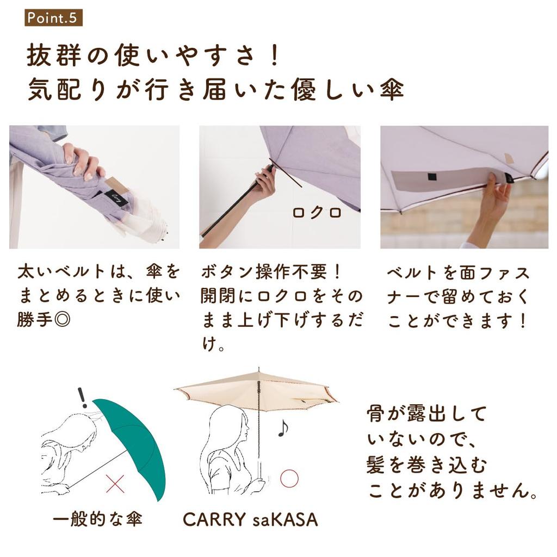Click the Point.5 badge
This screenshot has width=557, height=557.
click(x=53, y=18)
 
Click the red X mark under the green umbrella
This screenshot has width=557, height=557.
click(x=115, y=484)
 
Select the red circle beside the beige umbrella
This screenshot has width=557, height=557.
click(x=289, y=478)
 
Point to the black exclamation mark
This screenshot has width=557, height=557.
click(x=83, y=398)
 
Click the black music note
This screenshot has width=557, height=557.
click(x=283, y=428)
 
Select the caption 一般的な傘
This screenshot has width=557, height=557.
click(x=97, y=519)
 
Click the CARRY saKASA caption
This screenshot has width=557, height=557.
click(x=250, y=519)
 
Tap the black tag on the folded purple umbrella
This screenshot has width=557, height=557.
click(x=117, y=198)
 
